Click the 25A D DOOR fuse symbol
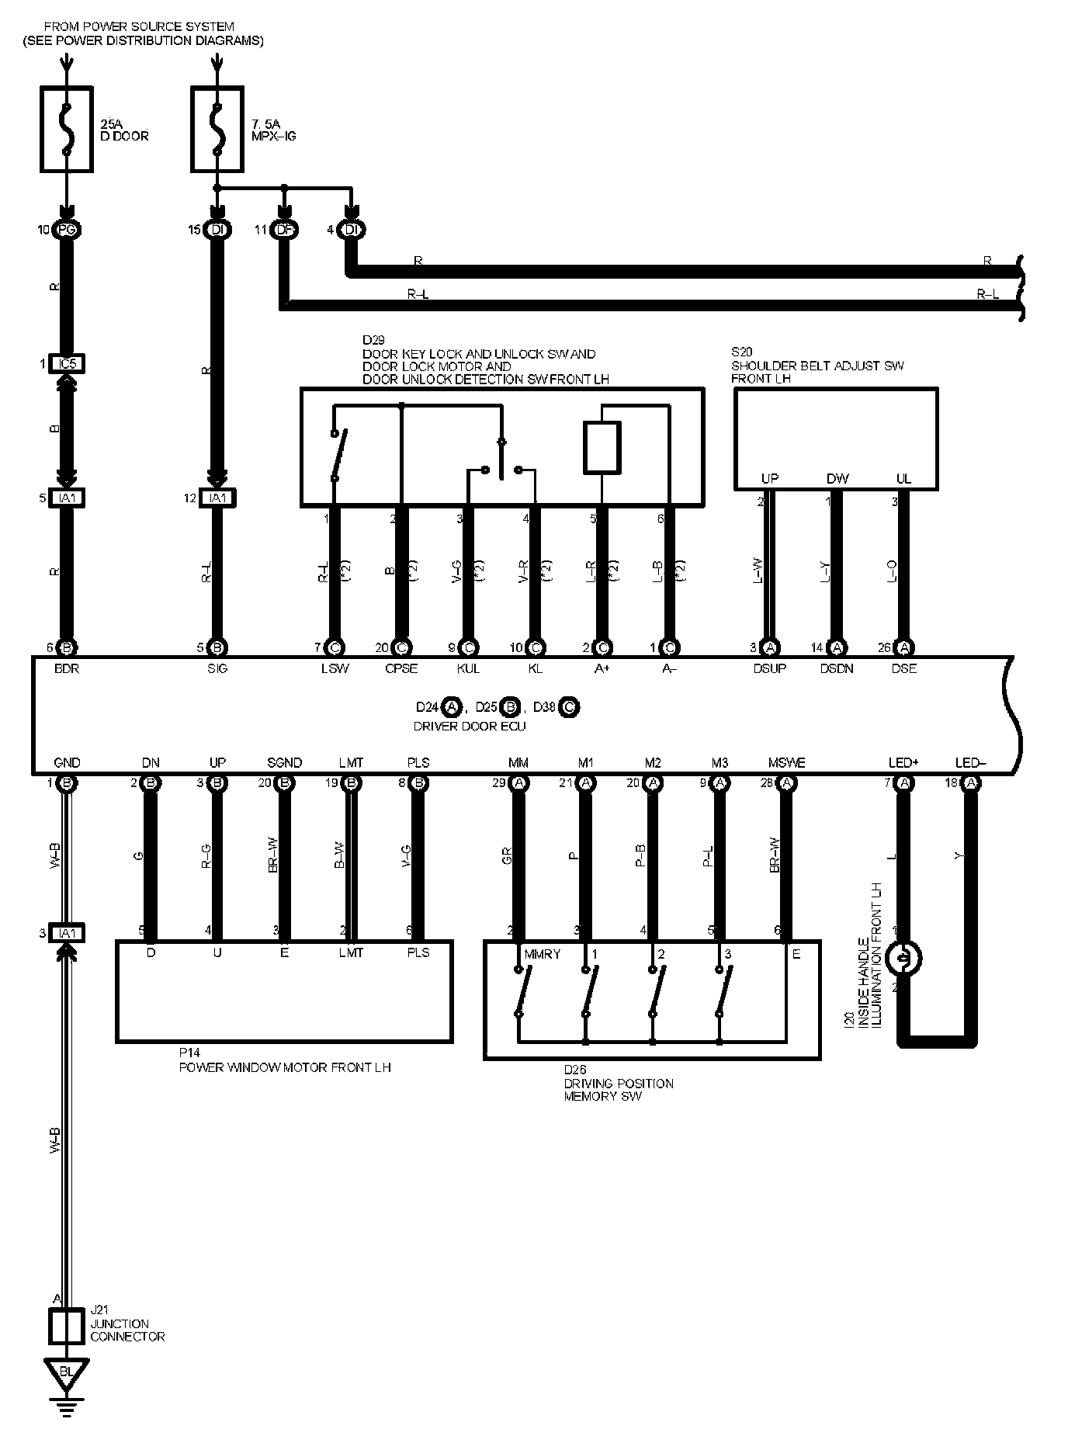tap(67, 129)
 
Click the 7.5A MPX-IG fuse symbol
tap(218, 129)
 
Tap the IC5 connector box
tap(67, 363)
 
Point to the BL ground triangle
tap(67, 1372)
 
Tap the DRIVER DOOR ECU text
tap(470, 727)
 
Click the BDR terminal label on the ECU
tap(68, 668)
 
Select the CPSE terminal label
tap(401, 668)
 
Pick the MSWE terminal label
tap(786, 763)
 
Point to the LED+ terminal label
tap(903, 763)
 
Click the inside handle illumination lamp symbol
tap(903, 958)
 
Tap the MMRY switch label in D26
tap(542, 954)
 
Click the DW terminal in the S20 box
tap(837, 479)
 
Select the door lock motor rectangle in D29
tap(602, 447)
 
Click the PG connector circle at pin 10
tap(67, 230)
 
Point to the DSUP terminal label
tap(769, 668)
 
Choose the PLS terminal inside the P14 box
tap(418, 952)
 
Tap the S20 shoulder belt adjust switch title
tap(817, 366)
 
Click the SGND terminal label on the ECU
tap(284, 763)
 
